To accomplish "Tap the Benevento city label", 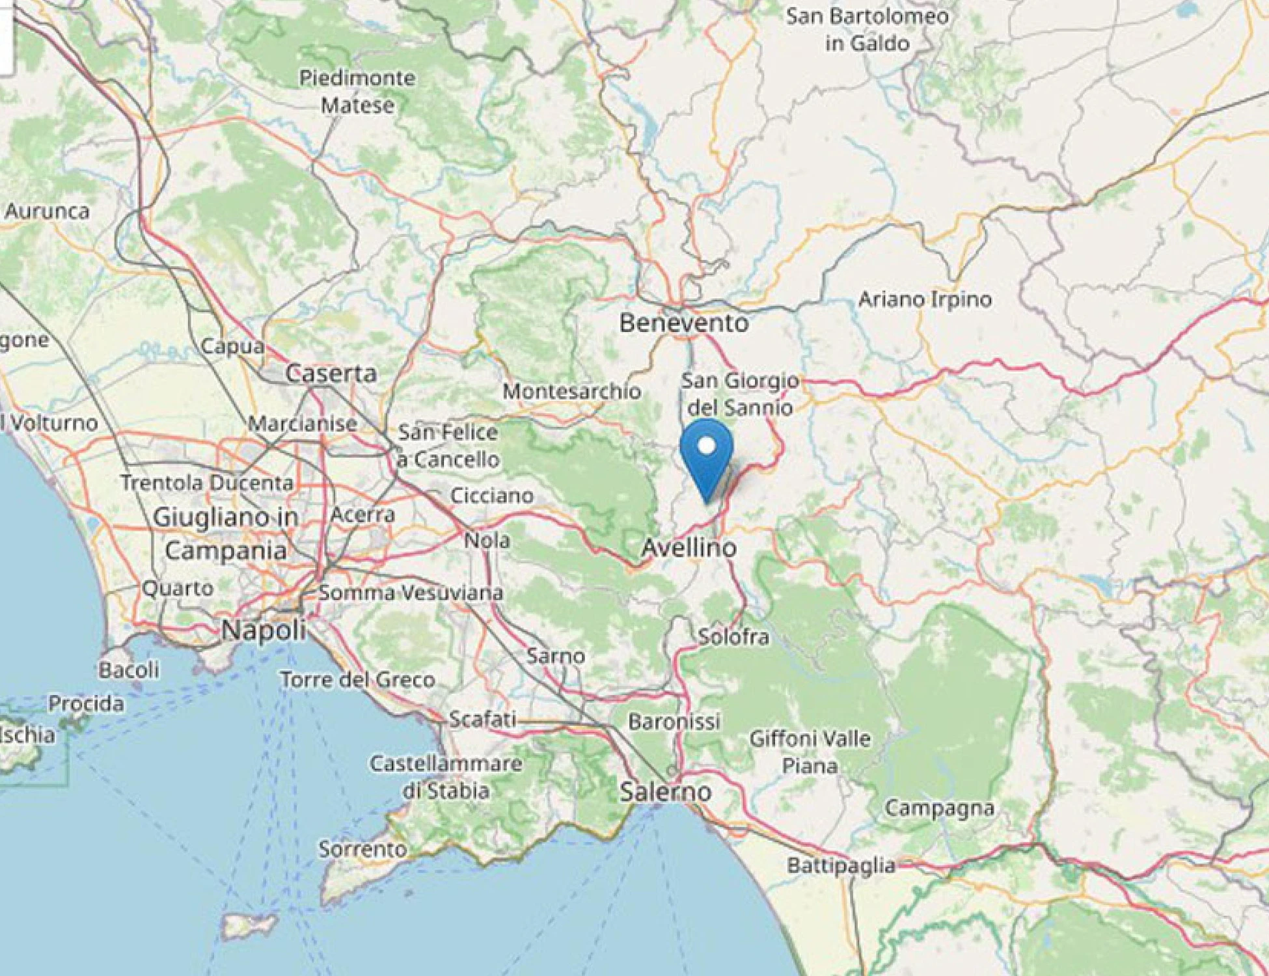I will pyautogui.click(x=683, y=323).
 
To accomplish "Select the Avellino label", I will pyautogui.click(x=689, y=547).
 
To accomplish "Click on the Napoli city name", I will pyautogui.click(x=264, y=630).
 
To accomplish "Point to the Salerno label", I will pyautogui.click(x=666, y=792).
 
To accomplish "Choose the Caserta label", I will pyautogui.click(x=331, y=373).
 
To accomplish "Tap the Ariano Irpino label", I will pyautogui.click(x=925, y=299).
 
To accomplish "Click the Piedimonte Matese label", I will pyautogui.click(x=357, y=92).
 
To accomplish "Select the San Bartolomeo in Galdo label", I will pyautogui.click(x=867, y=30).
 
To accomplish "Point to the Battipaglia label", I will pyautogui.click(x=841, y=865).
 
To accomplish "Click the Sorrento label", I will pyautogui.click(x=362, y=849).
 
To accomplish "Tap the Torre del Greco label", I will pyautogui.click(x=357, y=680).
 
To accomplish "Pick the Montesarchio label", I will pyautogui.click(x=571, y=391).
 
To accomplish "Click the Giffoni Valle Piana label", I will pyautogui.click(x=810, y=752).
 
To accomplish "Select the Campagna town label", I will pyautogui.click(x=939, y=808).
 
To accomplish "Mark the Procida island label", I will pyautogui.click(x=86, y=703).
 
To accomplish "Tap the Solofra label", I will pyautogui.click(x=733, y=636).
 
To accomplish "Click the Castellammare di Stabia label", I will pyautogui.click(x=446, y=777).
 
